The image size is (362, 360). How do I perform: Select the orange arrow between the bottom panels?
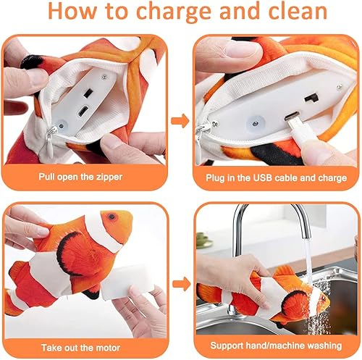coord(180,283)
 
